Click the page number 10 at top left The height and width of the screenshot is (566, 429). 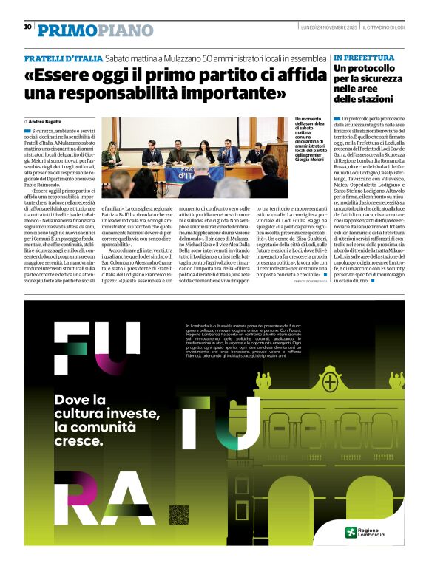(27, 27)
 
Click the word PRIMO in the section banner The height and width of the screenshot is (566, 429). (65, 30)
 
